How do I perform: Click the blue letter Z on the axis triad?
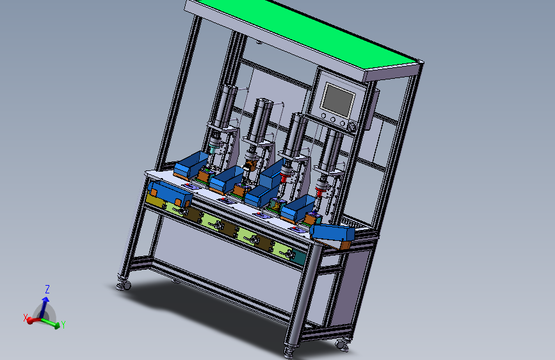point(47,289)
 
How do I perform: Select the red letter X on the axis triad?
point(25,318)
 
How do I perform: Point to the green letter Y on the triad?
point(63,324)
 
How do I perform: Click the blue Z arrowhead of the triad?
point(45,300)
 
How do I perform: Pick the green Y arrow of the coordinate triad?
point(50,322)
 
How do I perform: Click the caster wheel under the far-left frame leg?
point(124,286)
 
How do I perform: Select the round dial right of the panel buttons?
point(351,127)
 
